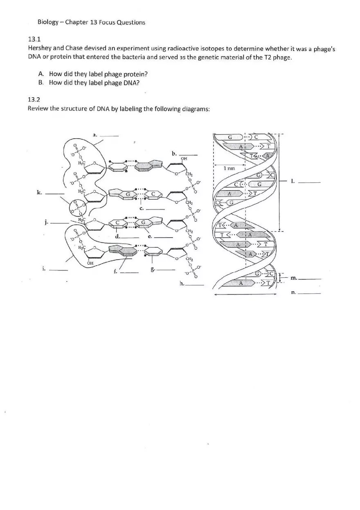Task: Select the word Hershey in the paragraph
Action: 39,49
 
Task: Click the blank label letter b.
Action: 174,153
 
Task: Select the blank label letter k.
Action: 39,193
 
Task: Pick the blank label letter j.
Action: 47,223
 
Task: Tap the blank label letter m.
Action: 293,278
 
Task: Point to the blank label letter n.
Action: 293,292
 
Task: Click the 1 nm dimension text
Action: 230,168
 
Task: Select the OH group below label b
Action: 184,158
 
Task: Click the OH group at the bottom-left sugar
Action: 90,263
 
